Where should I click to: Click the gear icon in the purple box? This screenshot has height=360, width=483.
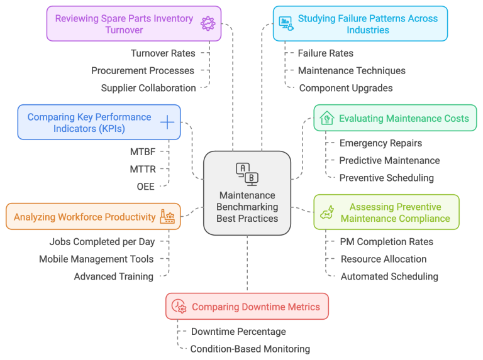tap(207, 24)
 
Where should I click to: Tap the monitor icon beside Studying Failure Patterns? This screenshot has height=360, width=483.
tap(286, 24)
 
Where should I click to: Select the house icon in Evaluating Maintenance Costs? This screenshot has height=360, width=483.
tap(326, 118)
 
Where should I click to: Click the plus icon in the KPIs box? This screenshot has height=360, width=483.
tap(167, 123)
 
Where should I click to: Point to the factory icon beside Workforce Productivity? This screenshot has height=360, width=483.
tap(167, 217)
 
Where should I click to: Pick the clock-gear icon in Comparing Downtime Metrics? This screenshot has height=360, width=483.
tap(179, 307)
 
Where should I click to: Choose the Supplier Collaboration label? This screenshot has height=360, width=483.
tap(148, 88)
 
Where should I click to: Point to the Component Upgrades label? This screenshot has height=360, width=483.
tap(345, 88)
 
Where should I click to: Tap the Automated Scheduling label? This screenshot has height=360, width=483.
tap(389, 276)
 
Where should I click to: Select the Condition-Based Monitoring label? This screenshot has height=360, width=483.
tap(250, 349)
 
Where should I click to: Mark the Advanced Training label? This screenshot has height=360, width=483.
tap(113, 276)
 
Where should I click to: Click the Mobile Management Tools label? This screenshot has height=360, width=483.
tap(96, 259)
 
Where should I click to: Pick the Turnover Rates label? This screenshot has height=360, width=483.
tap(163, 53)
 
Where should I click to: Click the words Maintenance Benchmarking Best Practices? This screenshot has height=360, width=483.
tap(247, 207)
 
